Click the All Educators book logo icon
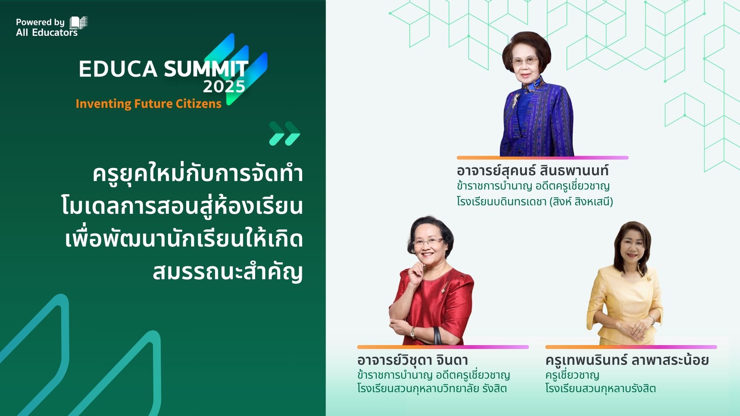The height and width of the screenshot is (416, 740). click(x=79, y=23)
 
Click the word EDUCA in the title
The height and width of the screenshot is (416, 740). click(x=118, y=69)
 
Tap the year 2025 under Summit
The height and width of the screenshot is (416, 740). click(x=224, y=87)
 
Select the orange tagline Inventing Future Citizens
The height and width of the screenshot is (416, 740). click(x=148, y=104)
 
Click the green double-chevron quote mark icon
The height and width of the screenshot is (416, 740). click(x=284, y=133)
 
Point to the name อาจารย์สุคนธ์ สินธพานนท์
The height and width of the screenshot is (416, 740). click(x=533, y=170)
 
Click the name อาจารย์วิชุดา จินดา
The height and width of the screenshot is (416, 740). click(x=412, y=360)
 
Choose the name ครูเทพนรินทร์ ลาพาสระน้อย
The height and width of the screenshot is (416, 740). click(x=627, y=360)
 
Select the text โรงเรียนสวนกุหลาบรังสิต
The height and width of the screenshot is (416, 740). click(x=600, y=388)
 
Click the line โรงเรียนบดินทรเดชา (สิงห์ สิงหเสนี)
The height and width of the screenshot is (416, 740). click(x=535, y=201)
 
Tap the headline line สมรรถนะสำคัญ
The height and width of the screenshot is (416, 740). click(x=227, y=272)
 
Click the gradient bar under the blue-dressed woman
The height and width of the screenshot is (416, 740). click(x=543, y=158)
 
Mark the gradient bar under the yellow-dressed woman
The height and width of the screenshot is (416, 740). click(x=631, y=347)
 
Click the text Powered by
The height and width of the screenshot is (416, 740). click(x=40, y=22)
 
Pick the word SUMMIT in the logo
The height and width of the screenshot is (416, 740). click(x=206, y=69)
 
